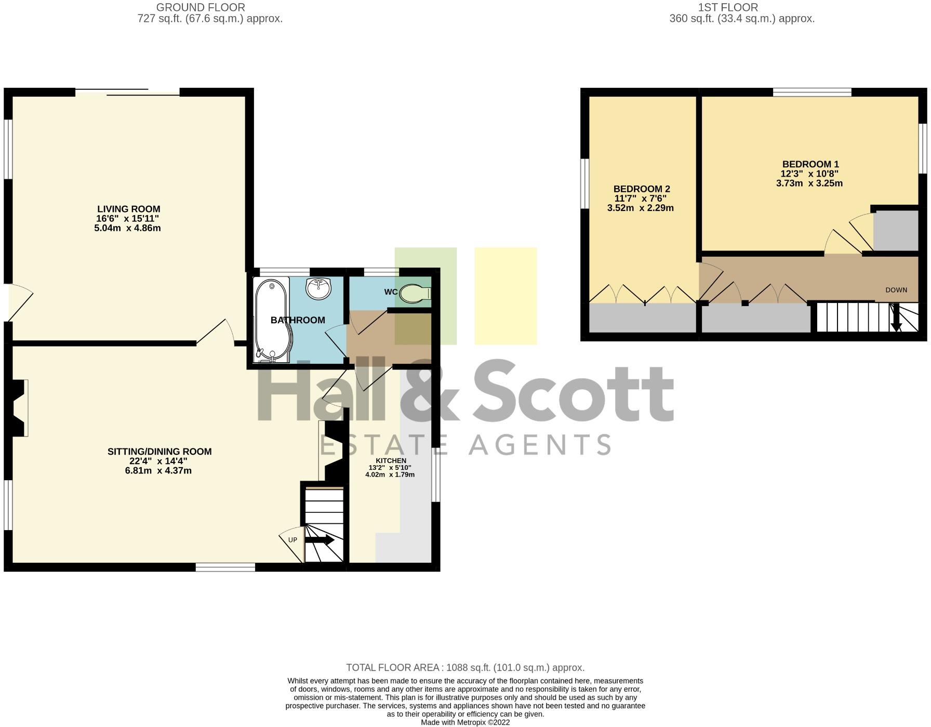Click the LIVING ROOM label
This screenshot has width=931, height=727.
128,209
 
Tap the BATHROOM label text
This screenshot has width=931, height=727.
298,320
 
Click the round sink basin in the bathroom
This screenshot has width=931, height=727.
318,288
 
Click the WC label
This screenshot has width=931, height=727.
391,292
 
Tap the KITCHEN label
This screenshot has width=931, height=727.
391,461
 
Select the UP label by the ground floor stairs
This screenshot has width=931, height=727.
292,540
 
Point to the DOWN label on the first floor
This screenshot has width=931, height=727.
896,290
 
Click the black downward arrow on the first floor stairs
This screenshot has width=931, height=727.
896,318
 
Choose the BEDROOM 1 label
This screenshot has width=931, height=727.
810,165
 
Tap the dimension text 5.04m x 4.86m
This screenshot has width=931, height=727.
127,228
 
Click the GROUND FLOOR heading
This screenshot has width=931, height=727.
201,7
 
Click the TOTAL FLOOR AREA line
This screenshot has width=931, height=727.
465,668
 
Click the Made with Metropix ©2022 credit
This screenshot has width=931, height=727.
465,722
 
